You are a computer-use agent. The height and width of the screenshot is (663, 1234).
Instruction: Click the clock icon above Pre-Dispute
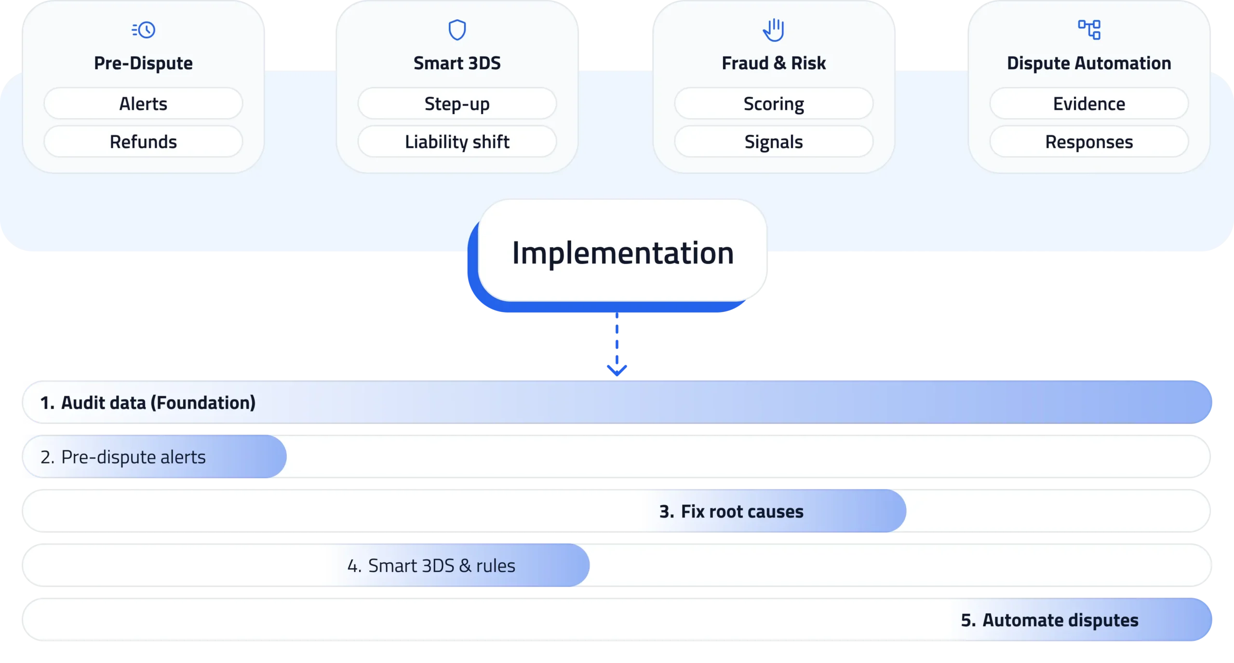tap(144, 30)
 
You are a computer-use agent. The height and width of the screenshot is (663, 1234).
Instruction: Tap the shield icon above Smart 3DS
tap(457, 30)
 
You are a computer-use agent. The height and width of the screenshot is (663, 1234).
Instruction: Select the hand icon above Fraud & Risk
tap(774, 30)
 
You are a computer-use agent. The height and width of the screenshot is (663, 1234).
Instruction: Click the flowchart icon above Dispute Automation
tap(1089, 30)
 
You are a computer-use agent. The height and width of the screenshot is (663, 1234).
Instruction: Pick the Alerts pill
tap(143, 104)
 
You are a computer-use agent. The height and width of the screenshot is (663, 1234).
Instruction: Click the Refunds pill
tap(143, 142)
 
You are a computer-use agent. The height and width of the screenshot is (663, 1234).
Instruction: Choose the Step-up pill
tap(457, 104)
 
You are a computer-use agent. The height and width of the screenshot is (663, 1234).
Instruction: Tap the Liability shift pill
tap(457, 142)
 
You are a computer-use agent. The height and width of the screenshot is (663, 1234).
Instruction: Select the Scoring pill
tap(774, 104)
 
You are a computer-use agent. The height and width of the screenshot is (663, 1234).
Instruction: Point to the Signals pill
tap(774, 142)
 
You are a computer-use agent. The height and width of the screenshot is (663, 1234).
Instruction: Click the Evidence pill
tap(1089, 104)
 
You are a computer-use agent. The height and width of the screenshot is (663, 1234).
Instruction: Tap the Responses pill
tap(1089, 142)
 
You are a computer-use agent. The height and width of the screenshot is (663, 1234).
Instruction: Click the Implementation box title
tap(623, 253)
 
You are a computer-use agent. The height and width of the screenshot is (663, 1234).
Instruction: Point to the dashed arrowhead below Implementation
tap(617, 369)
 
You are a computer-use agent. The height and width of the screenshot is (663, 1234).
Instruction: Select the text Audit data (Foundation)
tap(158, 403)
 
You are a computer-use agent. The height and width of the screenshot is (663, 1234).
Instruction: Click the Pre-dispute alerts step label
tap(133, 457)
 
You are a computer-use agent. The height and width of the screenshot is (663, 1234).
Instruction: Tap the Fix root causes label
tap(742, 511)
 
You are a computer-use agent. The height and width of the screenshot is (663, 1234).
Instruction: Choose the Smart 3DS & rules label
tap(441, 566)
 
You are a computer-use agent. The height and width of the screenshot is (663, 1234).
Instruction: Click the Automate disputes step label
tap(1060, 620)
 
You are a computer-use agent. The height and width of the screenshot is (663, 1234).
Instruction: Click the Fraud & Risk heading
tap(774, 63)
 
